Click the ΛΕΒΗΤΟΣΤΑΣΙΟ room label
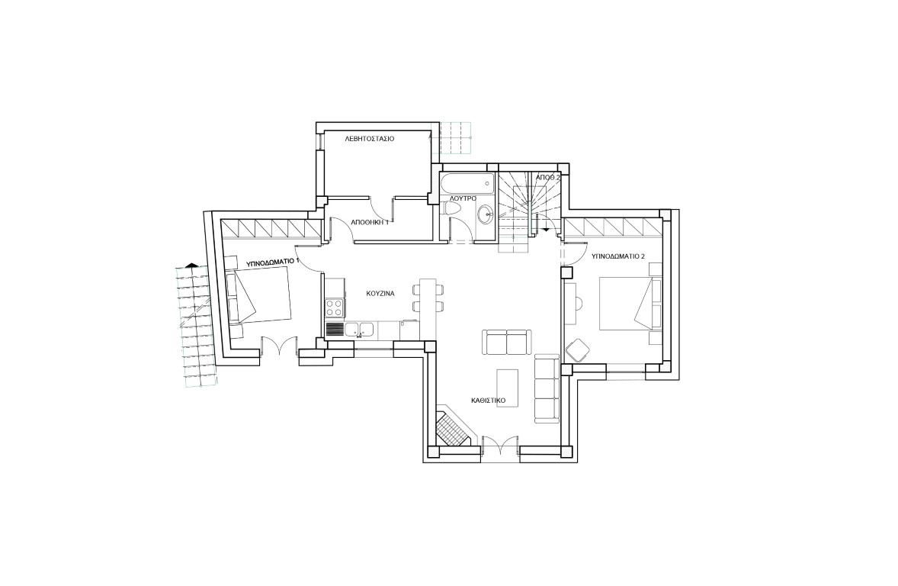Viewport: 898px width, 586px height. point(370,139)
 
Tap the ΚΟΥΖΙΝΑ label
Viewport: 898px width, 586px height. point(380,293)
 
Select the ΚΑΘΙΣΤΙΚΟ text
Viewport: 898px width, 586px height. point(488,401)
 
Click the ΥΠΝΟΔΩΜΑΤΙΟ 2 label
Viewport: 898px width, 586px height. point(618,256)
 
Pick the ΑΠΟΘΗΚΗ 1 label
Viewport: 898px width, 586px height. point(370,222)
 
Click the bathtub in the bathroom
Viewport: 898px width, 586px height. point(467,184)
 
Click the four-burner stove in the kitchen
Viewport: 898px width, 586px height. point(335,308)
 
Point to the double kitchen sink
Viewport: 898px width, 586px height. point(358,330)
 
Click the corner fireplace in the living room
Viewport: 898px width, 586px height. point(453,427)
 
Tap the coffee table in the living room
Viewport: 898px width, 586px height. point(508,388)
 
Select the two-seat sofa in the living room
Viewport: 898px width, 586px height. point(508,343)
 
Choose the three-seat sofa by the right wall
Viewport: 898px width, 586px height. point(547,389)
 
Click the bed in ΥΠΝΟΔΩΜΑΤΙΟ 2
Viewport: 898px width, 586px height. point(630,304)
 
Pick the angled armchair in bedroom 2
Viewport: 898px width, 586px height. point(578,349)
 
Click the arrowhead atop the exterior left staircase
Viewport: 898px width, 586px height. point(192,265)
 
